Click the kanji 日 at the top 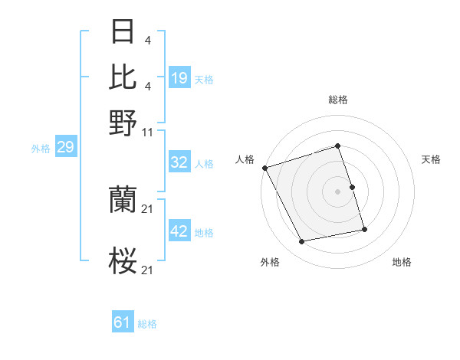(x=123, y=33)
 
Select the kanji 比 (x=123, y=77)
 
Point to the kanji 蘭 (x=123, y=201)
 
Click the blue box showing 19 (x=179, y=78)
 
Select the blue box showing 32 (x=179, y=163)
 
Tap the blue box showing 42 (x=179, y=231)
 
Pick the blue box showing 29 (x=65, y=148)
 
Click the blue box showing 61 (x=123, y=323)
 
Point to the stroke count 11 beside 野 (x=149, y=131)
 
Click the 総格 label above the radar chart (x=338, y=100)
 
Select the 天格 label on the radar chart (x=431, y=159)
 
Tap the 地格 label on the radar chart (x=402, y=263)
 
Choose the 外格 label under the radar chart (x=270, y=263)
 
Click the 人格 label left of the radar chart (x=245, y=159)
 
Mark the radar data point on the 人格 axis (x=265, y=167)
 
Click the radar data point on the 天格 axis (x=352, y=187)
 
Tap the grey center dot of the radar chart (x=338, y=191)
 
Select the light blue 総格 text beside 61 (x=147, y=324)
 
